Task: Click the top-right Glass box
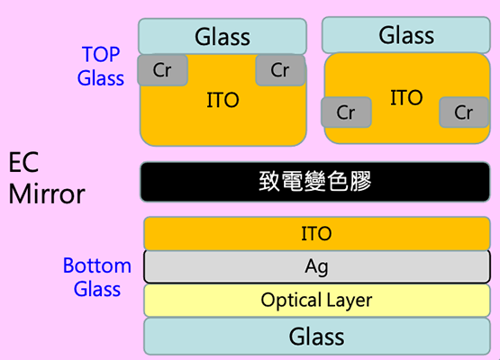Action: (x=406, y=36)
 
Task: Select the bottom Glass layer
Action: (x=316, y=337)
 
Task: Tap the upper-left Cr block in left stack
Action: (x=162, y=70)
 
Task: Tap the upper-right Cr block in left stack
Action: (x=280, y=70)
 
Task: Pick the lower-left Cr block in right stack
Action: (x=346, y=112)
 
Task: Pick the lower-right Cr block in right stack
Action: (x=464, y=112)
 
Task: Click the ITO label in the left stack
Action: (x=223, y=100)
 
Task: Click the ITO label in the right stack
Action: (x=406, y=97)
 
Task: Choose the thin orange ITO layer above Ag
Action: (x=316, y=234)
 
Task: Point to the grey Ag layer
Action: (x=316, y=266)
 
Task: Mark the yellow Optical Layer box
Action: (x=316, y=300)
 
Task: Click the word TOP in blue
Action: (x=101, y=55)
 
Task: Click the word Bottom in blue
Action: (x=97, y=266)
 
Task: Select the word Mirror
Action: (x=47, y=193)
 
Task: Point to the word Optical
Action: (x=287, y=300)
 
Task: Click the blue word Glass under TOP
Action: (x=101, y=77)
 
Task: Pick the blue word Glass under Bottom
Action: (x=97, y=289)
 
